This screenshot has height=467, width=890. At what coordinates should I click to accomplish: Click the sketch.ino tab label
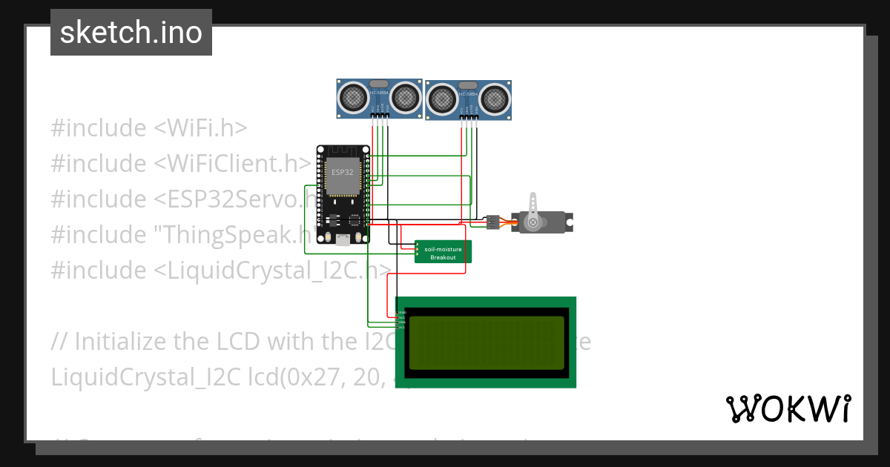pos(131,33)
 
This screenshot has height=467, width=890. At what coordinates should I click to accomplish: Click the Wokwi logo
pos(788,408)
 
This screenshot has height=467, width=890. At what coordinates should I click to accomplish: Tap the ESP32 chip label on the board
pos(343,172)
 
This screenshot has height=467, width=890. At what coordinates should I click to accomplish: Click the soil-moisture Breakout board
pos(443,252)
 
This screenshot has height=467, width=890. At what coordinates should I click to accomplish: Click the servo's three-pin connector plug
pos(492,221)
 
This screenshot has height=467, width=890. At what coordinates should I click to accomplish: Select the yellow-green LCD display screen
pos(486,342)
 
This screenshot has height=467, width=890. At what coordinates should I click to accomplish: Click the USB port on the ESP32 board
pos(343,239)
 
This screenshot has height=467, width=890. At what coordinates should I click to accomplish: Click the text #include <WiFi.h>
pos(148,127)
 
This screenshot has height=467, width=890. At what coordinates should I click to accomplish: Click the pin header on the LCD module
pos(400,320)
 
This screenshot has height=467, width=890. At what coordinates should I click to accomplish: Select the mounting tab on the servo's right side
pos(569,220)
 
